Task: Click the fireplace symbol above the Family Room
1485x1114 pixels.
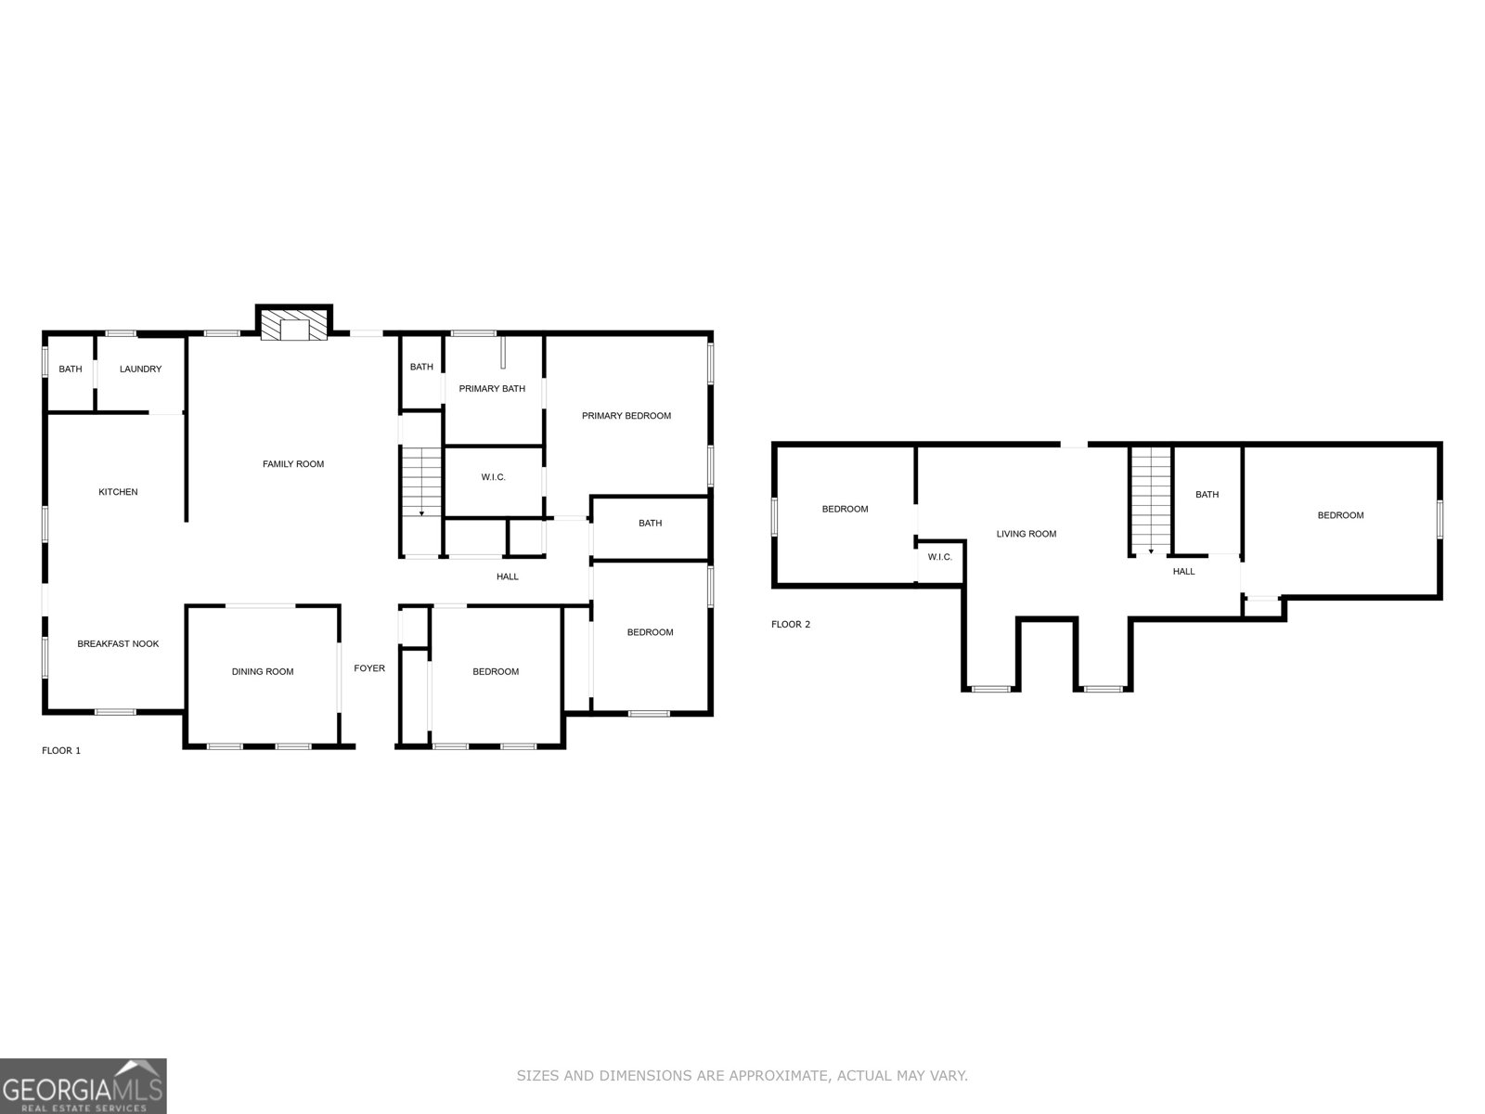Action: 293,326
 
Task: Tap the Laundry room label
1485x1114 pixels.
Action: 140,369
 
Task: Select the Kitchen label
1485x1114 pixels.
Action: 118,492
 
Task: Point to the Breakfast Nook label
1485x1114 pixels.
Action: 118,644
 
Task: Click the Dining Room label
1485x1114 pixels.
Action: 263,672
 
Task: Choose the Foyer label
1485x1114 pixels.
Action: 369,668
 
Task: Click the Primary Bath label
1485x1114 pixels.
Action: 492,389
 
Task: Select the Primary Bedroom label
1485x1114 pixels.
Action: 626,416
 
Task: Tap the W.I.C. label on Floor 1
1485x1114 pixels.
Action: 493,477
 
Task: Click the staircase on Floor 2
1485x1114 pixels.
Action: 1151,499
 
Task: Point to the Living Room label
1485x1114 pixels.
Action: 1027,534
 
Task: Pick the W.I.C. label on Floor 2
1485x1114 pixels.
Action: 940,557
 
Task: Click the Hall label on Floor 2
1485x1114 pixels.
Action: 1183,572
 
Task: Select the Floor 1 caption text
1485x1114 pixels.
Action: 61,750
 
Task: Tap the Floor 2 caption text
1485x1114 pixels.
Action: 791,624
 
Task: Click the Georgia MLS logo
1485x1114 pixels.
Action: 83,1086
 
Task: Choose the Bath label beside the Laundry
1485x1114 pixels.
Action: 71,369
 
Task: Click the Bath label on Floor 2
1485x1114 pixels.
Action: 1207,495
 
